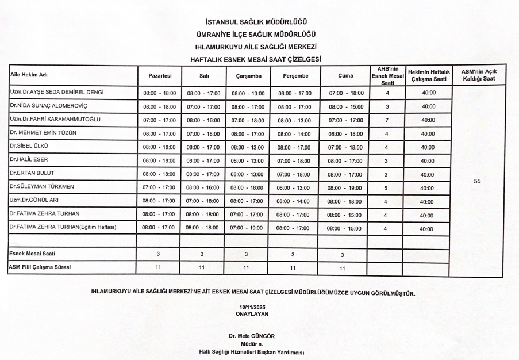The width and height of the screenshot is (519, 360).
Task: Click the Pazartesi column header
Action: click(160, 76)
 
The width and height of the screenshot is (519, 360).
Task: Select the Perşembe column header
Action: click(296, 76)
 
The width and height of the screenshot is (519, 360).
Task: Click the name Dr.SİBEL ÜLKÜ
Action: click(29, 146)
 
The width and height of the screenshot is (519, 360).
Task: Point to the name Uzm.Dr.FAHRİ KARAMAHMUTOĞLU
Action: click(55, 119)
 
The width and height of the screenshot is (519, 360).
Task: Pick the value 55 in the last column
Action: click(477, 181)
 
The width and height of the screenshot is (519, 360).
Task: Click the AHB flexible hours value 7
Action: click(387, 120)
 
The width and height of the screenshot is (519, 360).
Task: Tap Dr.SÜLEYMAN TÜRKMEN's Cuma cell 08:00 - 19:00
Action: click(345, 188)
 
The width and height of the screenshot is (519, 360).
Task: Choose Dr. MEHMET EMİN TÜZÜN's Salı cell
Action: click(203, 134)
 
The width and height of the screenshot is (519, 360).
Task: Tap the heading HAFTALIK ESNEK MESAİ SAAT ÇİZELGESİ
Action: click(255, 59)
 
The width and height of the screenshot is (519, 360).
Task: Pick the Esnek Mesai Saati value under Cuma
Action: click(343, 255)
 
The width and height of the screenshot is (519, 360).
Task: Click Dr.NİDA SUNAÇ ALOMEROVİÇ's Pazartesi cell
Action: click(159, 107)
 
